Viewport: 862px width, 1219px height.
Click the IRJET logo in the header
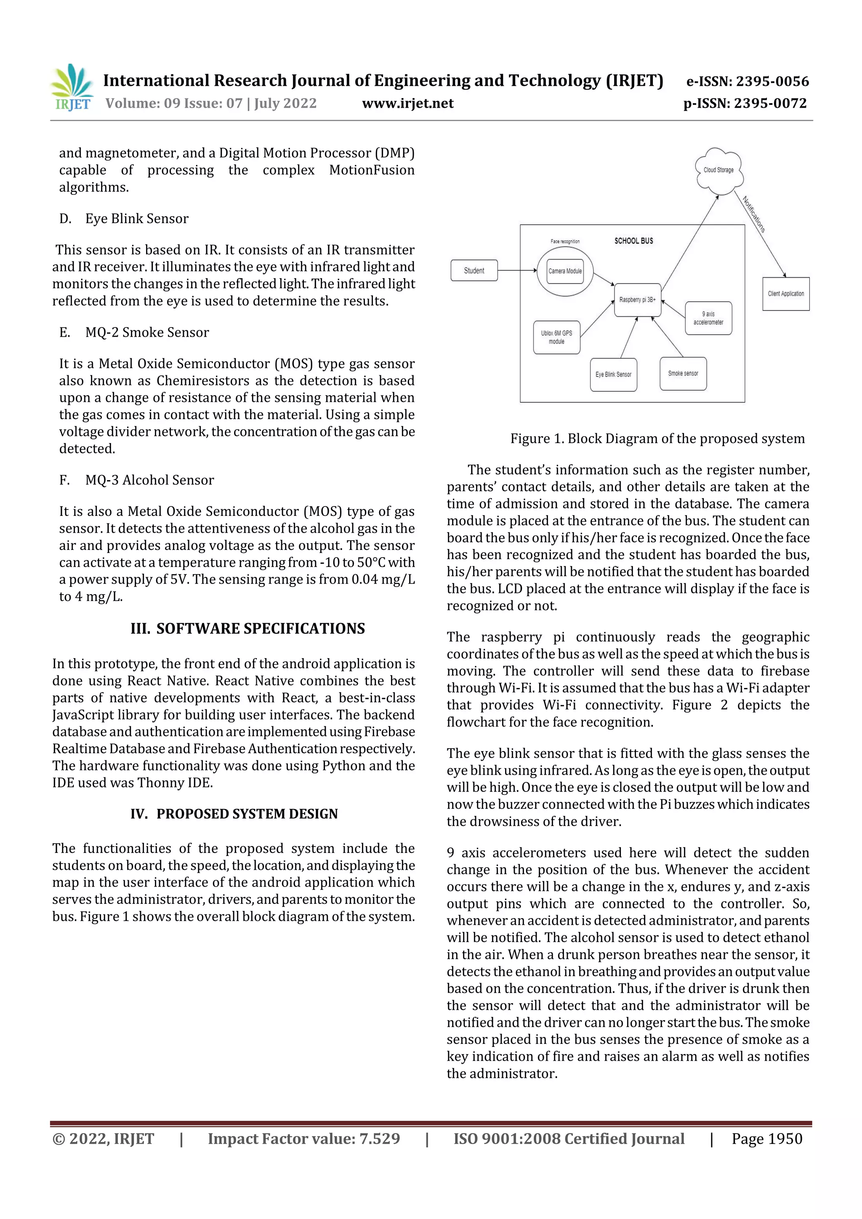(x=72, y=88)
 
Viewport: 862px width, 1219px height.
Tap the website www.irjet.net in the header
(x=407, y=104)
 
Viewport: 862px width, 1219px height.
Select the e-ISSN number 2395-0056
(x=747, y=81)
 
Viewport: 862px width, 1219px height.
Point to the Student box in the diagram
(x=474, y=270)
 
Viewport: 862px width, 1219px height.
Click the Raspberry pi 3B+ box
(x=637, y=300)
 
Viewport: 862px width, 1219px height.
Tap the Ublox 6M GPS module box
(x=556, y=337)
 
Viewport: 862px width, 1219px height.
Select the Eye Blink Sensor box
(x=613, y=374)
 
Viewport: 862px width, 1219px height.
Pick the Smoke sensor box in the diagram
(x=683, y=374)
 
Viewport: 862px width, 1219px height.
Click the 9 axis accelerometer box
(x=708, y=318)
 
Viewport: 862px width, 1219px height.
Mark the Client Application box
(x=785, y=294)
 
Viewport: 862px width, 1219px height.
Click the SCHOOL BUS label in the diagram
(x=633, y=241)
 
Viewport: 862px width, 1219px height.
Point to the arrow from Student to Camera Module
(x=517, y=270)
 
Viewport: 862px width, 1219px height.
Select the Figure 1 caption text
(x=657, y=438)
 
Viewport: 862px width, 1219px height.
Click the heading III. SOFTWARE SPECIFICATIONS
(x=247, y=629)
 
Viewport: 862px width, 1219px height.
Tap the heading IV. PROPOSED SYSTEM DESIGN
(x=234, y=814)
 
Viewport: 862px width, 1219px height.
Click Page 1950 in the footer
(x=766, y=1139)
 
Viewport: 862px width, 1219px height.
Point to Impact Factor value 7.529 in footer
(x=304, y=1139)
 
